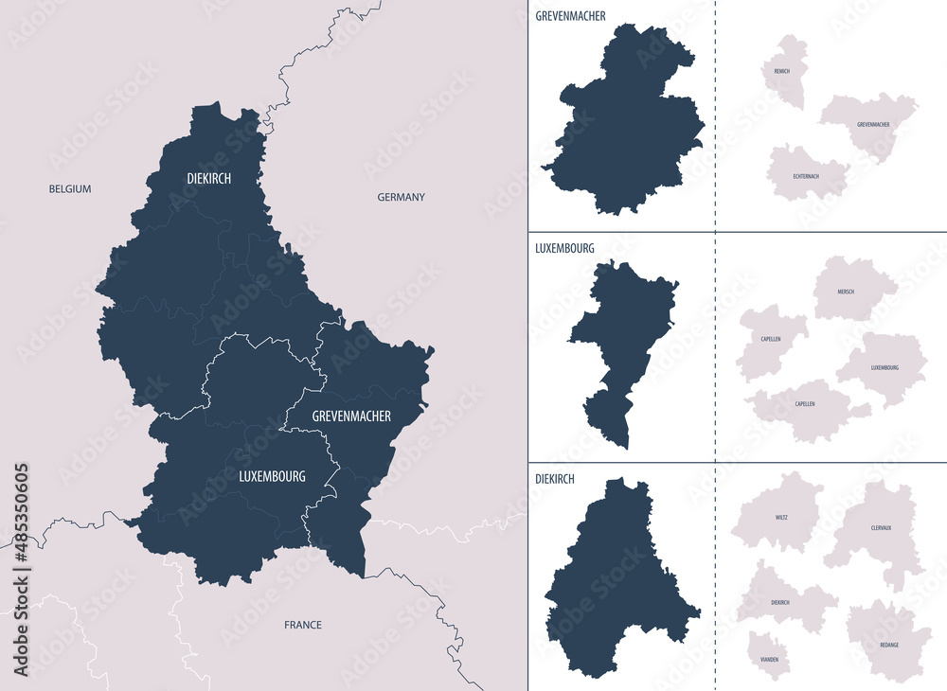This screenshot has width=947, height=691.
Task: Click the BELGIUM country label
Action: (70, 189)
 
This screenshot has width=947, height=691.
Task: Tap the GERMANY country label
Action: (401, 197)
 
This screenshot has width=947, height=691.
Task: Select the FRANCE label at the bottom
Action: (303, 625)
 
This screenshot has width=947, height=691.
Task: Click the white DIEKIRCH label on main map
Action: (208, 178)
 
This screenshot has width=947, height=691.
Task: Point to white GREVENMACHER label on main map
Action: (338, 416)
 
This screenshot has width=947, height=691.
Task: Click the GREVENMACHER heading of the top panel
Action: (570, 16)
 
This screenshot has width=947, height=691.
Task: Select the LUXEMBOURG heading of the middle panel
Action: (564, 248)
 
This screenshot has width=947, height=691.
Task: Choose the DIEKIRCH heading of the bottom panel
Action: (556, 480)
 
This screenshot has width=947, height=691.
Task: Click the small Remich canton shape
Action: (785, 71)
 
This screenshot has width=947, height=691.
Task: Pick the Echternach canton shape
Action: (805, 173)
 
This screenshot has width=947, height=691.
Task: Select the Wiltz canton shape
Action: (778, 513)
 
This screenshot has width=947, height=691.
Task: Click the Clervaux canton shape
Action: (877, 530)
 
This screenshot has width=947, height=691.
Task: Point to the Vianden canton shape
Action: (769, 655)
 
